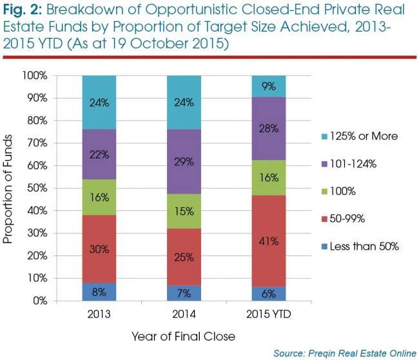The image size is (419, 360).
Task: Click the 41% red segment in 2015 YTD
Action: click(x=269, y=241)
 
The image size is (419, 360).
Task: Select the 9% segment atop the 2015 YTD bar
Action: click(x=269, y=86)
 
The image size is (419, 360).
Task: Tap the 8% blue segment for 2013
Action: click(x=99, y=292)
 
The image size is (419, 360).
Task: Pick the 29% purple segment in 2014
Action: click(x=184, y=161)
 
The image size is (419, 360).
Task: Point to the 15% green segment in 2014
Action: click(x=184, y=212)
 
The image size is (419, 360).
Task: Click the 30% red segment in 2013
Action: click(x=99, y=249)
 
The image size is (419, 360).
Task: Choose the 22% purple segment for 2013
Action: click(x=99, y=154)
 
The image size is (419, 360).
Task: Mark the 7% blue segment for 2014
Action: click(x=184, y=293)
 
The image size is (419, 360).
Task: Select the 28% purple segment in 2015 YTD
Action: click(x=269, y=128)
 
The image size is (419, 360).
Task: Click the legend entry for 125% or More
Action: click(x=360, y=136)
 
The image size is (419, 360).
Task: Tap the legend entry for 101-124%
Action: click(x=349, y=164)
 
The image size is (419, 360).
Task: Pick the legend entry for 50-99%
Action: click(x=343, y=219)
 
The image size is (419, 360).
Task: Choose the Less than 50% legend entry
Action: click(x=360, y=246)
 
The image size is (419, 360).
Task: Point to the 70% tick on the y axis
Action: click(x=37, y=143)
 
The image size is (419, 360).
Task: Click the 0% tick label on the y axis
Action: click(x=40, y=301)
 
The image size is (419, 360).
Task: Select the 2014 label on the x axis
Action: click(x=184, y=314)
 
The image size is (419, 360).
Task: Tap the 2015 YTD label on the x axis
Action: click(x=269, y=314)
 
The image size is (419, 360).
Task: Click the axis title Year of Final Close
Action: click(x=183, y=337)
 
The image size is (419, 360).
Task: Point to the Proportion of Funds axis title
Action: click(x=8, y=189)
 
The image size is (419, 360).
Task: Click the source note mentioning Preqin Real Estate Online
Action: click(x=345, y=354)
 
